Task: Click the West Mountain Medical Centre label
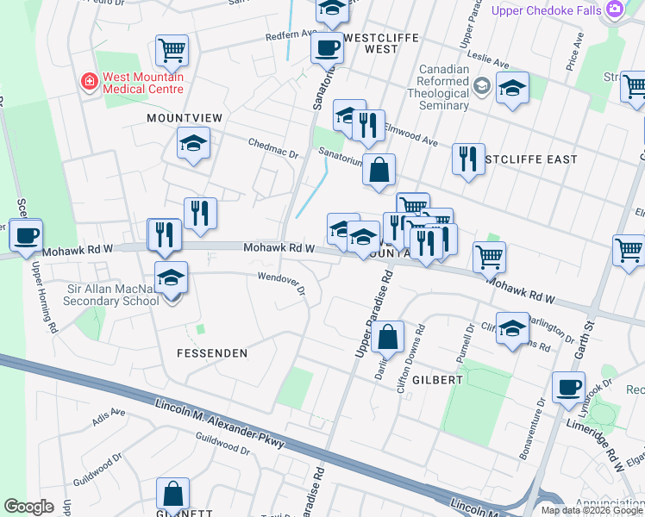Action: (x=142, y=83)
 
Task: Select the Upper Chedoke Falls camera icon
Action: (x=615, y=10)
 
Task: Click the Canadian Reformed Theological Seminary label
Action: (x=443, y=88)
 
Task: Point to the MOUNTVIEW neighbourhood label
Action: (x=185, y=117)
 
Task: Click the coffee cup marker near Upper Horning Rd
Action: (x=26, y=235)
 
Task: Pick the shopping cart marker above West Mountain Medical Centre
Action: (x=172, y=50)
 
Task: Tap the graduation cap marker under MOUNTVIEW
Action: (x=193, y=143)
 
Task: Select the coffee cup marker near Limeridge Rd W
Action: (x=568, y=388)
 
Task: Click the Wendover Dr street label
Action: (x=281, y=283)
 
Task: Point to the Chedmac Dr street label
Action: (x=272, y=148)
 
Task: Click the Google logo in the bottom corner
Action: (x=29, y=507)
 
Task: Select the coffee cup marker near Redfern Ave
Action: (x=327, y=48)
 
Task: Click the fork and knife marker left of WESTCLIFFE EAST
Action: (x=468, y=159)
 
